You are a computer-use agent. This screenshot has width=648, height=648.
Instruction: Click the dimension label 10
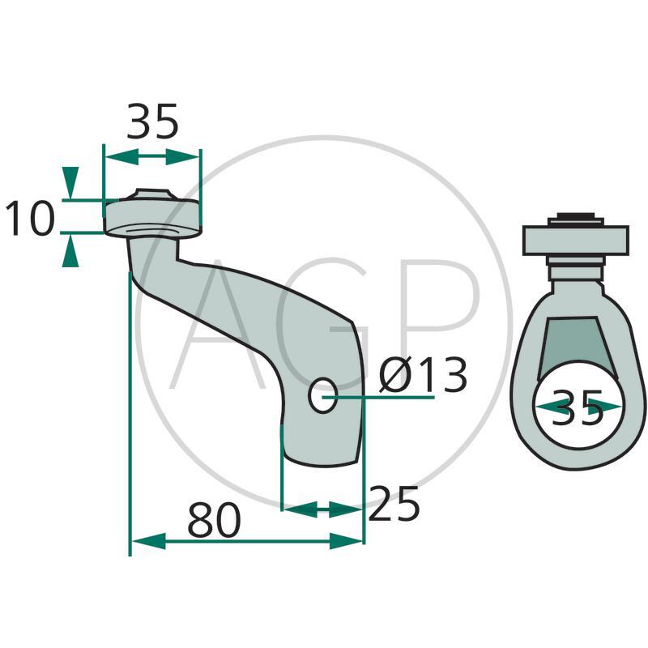pos(30,218)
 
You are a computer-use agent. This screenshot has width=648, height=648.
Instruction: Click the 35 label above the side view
pos(152,122)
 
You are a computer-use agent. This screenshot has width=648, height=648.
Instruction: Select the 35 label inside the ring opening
pos(578,407)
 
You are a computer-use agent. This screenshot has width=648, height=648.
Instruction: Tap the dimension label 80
pos(214,519)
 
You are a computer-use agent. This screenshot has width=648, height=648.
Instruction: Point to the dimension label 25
pos(394,503)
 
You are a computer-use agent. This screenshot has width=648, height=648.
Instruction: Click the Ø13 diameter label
pos(423,374)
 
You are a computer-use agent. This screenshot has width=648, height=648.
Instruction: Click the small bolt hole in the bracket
pos(322,395)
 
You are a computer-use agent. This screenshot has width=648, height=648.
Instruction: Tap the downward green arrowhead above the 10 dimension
pos(70,182)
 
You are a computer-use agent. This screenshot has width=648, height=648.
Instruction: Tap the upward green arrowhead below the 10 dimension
pos(70,250)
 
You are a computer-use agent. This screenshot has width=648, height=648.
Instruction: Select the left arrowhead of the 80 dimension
pos(148,541)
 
